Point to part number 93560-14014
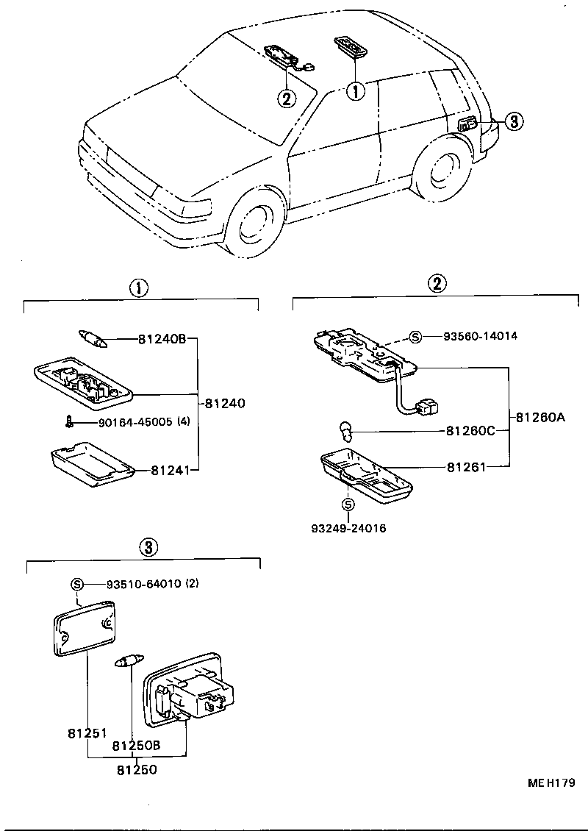click(481, 336)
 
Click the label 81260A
click(540, 417)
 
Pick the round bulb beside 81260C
click(346, 427)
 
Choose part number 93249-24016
click(348, 528)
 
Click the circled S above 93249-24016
click(348, 504)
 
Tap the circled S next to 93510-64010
click(76, 584)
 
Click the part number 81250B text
click(136, 746)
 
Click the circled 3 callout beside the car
click(514, 122)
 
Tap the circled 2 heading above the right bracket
click(437, 283)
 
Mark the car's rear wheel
click(441, 171)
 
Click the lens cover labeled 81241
click(93, 465)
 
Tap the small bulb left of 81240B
click(93, 339)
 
